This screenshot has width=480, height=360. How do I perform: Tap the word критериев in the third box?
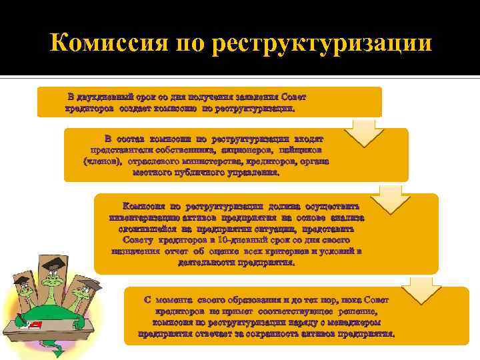click(285, 251)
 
